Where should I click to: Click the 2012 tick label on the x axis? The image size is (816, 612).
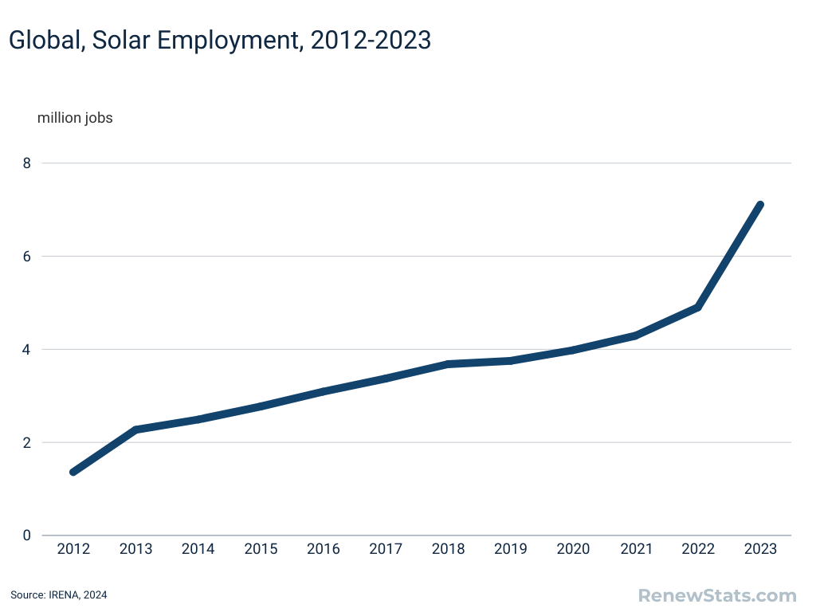[x=73, y=549]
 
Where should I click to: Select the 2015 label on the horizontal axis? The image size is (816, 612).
[x=261, y=549]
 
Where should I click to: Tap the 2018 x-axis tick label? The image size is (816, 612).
[x=448, y=549]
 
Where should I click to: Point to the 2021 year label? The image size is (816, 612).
[x=635, y=549]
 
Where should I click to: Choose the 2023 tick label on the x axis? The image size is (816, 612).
[x=760, y=549]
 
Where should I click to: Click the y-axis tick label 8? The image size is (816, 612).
[x=26, y=163]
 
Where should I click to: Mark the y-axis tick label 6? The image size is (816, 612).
[x=26, y=257]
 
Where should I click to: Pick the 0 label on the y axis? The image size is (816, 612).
[x=26, y=535]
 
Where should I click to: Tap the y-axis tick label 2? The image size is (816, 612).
[x=26, y=442]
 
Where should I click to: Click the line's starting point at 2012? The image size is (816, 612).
[x=73, y=472]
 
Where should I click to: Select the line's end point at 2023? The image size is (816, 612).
[x=760, y=205]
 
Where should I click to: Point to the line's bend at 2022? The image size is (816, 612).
[x=697, y=307]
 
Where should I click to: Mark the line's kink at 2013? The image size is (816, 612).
[x=136, y=430]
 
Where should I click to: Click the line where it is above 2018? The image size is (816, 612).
[x=448, y=364]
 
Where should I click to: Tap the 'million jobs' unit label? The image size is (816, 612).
[x=75, y=118]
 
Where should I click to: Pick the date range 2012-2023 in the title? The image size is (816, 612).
[x=371, y=40]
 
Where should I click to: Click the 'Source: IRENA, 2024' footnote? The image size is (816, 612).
[x=58, y=594]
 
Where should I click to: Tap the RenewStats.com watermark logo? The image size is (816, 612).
[x=717, y=594]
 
